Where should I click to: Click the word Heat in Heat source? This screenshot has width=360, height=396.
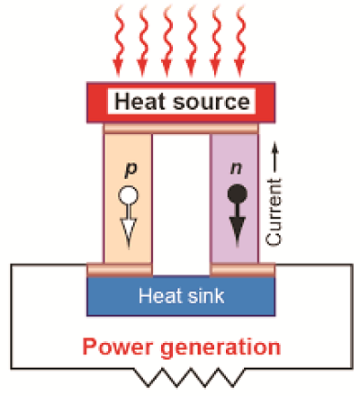click(140, 102)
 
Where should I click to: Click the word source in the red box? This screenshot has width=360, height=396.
click(211, 102)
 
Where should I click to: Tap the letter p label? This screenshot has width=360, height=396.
click(130, 169)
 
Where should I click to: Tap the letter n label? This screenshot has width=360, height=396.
click(236, 167)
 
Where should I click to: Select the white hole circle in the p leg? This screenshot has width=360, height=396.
click(129, 195)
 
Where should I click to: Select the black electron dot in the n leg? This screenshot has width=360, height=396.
click(238, 193)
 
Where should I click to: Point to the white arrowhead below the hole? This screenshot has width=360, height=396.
click(129, 232)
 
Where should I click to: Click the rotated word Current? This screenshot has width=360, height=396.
click(274, 212)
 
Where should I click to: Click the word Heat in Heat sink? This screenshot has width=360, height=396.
click(160, 296)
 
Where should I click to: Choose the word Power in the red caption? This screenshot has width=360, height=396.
click(118, 346)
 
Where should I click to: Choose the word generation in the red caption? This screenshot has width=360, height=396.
click(220, 348)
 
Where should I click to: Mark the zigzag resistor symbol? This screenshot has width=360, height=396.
click(190, 377)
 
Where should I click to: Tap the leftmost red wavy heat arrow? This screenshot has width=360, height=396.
click(119, 40)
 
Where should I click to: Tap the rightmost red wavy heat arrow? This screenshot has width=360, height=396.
click(239, 40)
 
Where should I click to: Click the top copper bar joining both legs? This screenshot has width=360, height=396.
click(181, 129)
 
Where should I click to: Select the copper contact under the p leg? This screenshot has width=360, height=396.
click(120, 269)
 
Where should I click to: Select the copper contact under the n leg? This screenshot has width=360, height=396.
click(242, 269)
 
